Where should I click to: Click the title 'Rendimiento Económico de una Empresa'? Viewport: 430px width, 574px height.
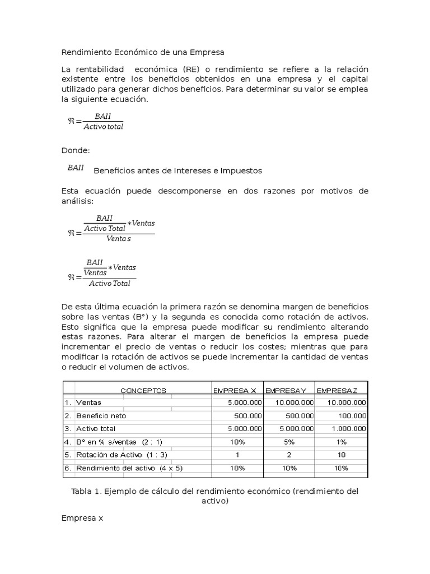142,52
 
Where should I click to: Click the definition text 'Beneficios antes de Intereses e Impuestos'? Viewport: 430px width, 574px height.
177,170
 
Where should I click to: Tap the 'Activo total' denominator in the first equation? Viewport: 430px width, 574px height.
103,127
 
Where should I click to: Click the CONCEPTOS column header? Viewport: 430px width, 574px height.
143,390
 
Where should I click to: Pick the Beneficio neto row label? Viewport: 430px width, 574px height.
101,416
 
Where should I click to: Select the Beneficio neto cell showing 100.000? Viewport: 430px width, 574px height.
352,416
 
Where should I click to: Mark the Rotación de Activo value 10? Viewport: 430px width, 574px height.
342,455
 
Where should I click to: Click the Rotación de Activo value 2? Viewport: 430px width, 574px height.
289,455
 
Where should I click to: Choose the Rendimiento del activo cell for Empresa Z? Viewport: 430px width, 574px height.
342,468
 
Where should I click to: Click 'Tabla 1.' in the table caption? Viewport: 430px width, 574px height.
86,491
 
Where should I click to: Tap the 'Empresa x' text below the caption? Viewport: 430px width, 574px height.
82,519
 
